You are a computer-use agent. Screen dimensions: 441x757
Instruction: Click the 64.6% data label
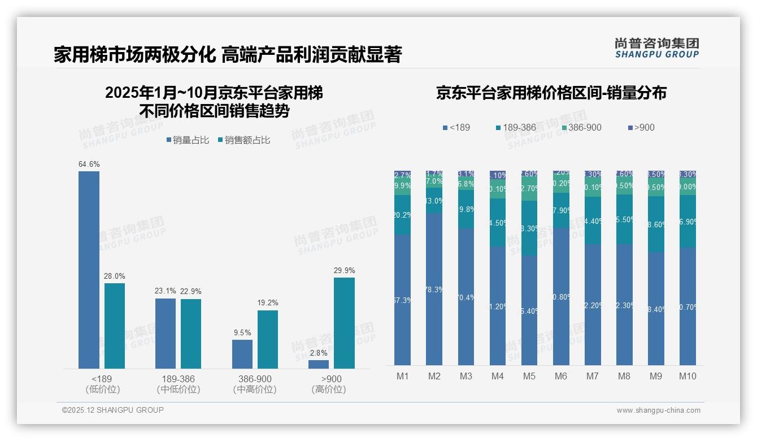pyautogui.click(x=89, y=165)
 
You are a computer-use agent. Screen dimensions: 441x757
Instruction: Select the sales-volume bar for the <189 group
pyautogui.click(x=89, y=270)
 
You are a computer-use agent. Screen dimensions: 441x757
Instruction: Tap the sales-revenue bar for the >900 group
pyautogui.click(x=344, y=323)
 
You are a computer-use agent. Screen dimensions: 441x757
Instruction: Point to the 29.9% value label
pyautogui.click(x=344, y=271)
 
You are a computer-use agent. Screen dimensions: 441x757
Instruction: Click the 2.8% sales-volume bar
pyautogui.click(x=319, y=364)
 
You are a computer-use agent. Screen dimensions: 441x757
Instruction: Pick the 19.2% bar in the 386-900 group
pyautogui.click(x=268, y=339)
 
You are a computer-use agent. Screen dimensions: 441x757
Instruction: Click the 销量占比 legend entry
pyautogui.click(x=188, y=140)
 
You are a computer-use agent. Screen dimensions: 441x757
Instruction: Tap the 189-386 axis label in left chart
pyautogui.click(x=179, y=379)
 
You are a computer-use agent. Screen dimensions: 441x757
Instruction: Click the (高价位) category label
pyautogui.click(x=329, y=390)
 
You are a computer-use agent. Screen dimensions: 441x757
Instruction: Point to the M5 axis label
pyautogui.click(x=529, y=376)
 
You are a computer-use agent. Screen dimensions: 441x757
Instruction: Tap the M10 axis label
pyautogui.click(x=688, y=376)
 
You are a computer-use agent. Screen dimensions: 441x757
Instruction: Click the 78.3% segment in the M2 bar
pyautogui.click(x=434, y=289)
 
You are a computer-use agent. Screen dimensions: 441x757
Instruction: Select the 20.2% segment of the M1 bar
pyautogui.click(x=403, y=215)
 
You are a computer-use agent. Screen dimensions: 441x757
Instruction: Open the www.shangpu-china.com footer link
pyautogui.click(x=658, y=410)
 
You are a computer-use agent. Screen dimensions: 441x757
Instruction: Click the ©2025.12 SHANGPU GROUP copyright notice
pyautogui.click(x=113, y=410)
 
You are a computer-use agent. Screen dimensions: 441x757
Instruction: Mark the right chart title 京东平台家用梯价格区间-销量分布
pyautogui.click(x=551, y=93)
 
